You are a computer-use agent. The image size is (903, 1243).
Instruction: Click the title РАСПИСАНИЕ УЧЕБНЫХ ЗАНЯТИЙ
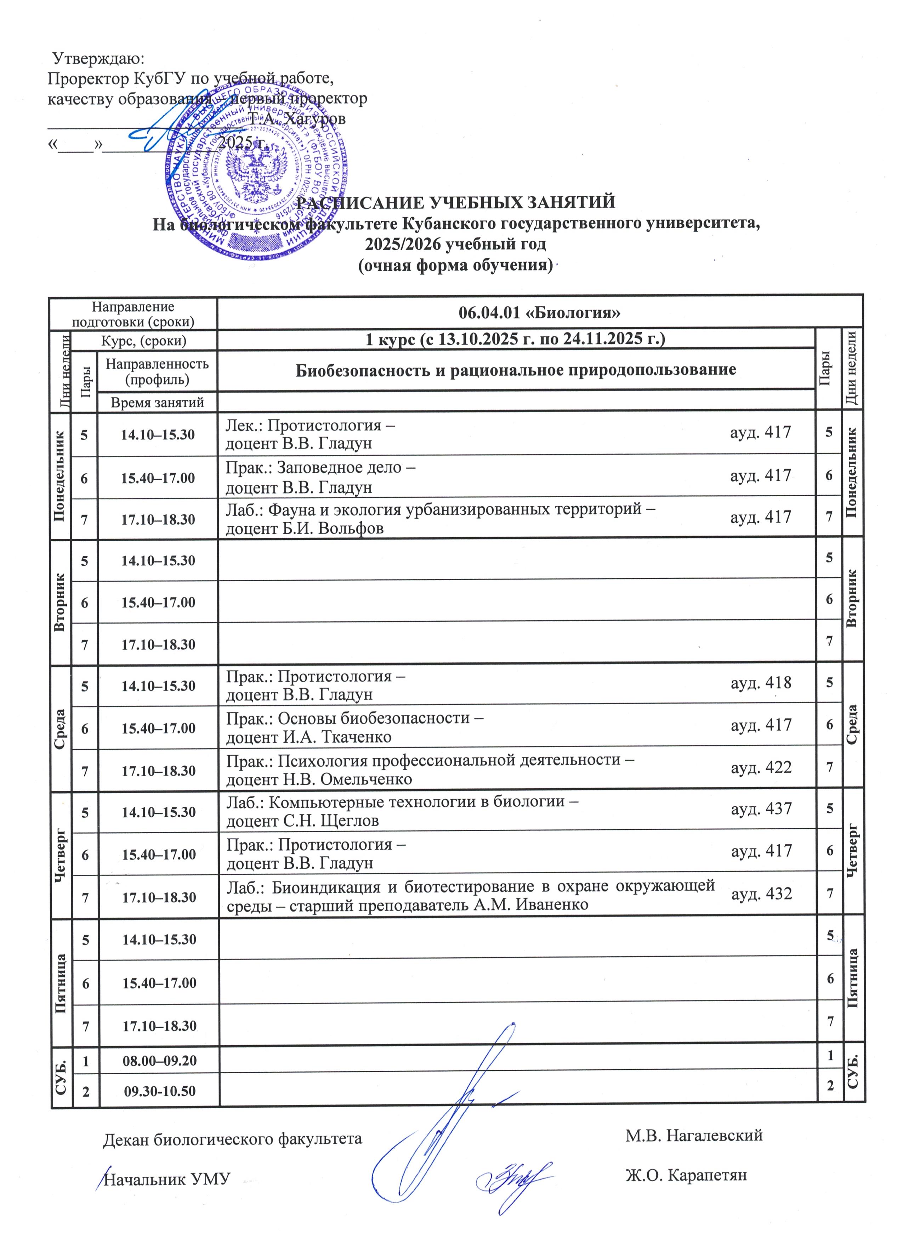pyautogui.click(x=456, y=202)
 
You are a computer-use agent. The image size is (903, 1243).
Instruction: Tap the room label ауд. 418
pyautogui.click(x=761, y=683)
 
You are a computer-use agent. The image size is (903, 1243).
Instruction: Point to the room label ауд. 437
pyautogui.click(x=761, y=809)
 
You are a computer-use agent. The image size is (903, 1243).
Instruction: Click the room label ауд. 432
pyautogui.click(x=761, y=894)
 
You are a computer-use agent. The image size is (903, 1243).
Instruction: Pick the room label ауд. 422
pyautogui.click(x=761, y=767)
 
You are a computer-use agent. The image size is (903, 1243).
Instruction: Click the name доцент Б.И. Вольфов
pyautogui.click(x=305, y=529)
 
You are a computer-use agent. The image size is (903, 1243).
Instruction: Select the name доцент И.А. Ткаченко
pyautogui.click(x=309, y=737)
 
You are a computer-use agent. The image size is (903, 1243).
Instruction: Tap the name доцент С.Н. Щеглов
pyautogui.click(x=302, y=821)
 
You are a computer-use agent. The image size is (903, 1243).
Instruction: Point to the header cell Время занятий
pyautogui.click(x=157, y=403)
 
